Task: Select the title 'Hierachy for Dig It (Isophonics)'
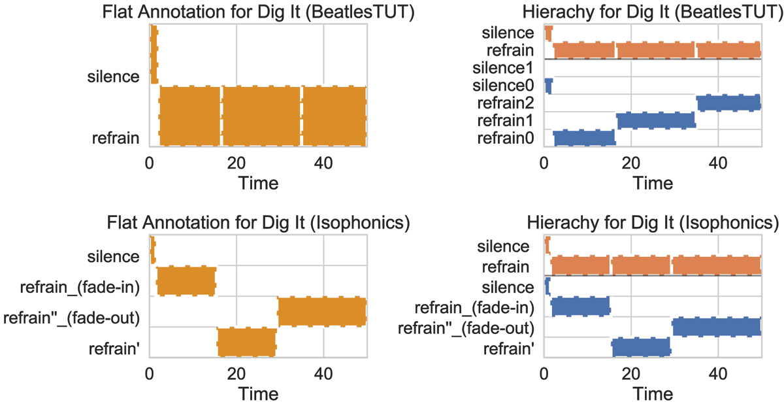(x=653, y=223)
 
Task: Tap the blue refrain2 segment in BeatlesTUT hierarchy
(x=728, y=103)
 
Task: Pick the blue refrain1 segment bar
(x=655, y=120)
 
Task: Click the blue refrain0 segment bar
(x=584, y=137)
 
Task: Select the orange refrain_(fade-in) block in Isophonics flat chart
(x=186, y=280)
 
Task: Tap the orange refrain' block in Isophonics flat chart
(x=247, y=342)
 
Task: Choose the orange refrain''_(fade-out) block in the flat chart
(x=322, y=311)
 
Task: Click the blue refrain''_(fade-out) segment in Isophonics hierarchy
(x=717, y=326)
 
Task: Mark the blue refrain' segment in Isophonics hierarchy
(x=641, y=346)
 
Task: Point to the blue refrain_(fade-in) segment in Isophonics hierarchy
(x=581, y=306)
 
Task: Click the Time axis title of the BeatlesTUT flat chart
(x=258, y=184)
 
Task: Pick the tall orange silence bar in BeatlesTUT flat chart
(x=154, y=54)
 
